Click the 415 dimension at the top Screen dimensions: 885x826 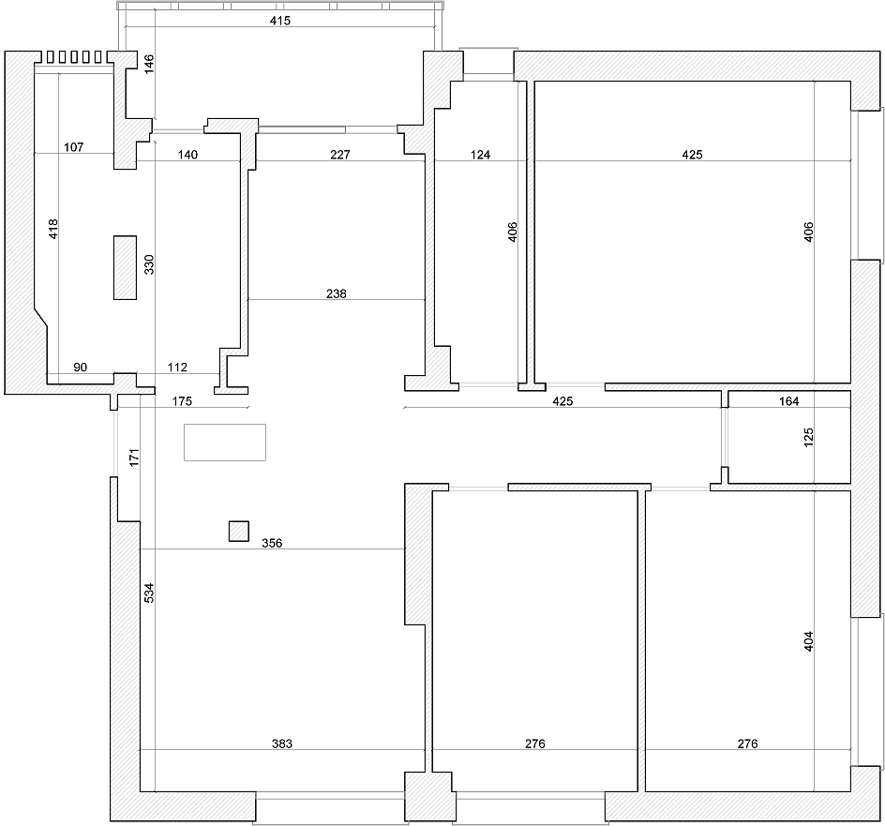(x=280, y=21)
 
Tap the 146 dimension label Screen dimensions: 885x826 (x=149, y=64)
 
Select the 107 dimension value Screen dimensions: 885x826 (x=74, y=147)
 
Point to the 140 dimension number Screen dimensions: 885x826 (x=187, y=155)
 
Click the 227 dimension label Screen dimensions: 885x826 (x=340, y=155)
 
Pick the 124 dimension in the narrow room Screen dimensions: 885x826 (x=480, y=155)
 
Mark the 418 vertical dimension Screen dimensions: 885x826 (x=53, y=229)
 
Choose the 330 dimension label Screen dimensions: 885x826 (x=149, y=264)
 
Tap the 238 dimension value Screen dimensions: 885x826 (x=337, y=293)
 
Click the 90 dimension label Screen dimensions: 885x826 (x=80, y=368)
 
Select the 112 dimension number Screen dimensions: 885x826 (x=177, y=368)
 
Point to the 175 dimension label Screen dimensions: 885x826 (x=182, y=401)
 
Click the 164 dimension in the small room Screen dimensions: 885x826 (x=789, y=401)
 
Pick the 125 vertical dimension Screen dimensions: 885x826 (x=808, y=438)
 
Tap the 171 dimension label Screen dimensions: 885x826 (x=134, y=458)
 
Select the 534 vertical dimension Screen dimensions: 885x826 (x=149, y=593)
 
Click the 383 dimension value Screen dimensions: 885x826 (x=282, y=744)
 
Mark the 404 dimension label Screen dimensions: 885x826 (x=808, y=641)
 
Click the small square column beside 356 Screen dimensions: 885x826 (x=239, y=532)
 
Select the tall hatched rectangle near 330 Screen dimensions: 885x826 (x=125, y=267)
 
